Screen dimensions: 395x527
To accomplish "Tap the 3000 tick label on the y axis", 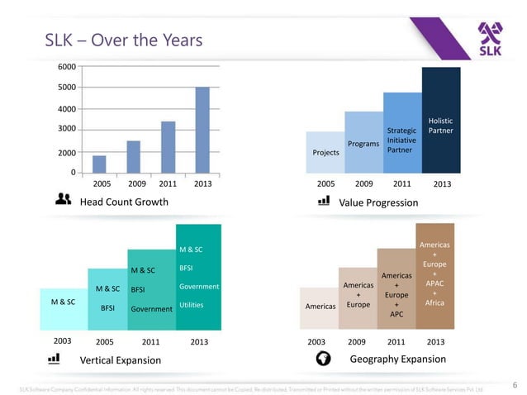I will click(67, 129).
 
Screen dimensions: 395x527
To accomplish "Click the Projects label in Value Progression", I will click(325, 153).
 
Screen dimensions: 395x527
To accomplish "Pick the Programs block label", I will click(363, 144).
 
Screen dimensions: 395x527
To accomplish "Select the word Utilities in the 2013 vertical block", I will click(192, 305).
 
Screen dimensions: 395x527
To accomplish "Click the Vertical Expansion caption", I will click(120, 360).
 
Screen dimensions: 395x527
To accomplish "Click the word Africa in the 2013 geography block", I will click(434, 303).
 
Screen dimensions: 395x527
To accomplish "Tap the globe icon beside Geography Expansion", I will click(324, 359).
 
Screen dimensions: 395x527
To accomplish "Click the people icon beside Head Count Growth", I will click(62, 199).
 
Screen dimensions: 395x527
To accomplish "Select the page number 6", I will click(515, 384).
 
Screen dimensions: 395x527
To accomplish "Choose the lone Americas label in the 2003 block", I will click(320, 306).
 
